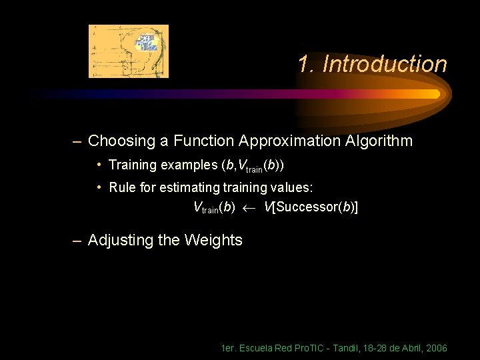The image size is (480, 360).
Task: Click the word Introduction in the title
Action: (384, 65)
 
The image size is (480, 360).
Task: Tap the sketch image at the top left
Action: (129, 51)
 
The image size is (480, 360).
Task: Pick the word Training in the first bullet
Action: (131, 165)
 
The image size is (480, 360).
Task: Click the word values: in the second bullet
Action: (288, 187)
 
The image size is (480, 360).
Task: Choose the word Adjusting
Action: (121, 240)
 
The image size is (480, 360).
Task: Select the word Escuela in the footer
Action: (254, 349)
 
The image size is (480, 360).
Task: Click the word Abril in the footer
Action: (409, 349)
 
